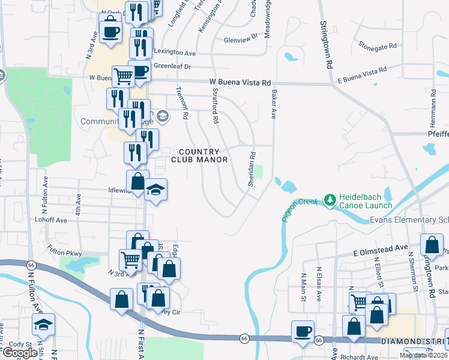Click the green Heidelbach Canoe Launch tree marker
coord(330,200)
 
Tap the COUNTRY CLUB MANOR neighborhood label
coord(199,155)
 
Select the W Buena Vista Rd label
coord(240,83)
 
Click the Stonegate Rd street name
coord(378,45)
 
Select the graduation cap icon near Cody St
coord(43,325)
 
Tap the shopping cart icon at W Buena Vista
coord(122,76)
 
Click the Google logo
coord(20,353)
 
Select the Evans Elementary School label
coord(409,220)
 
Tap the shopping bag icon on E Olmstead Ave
coord(432,245)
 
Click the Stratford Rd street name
coord(215,106)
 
